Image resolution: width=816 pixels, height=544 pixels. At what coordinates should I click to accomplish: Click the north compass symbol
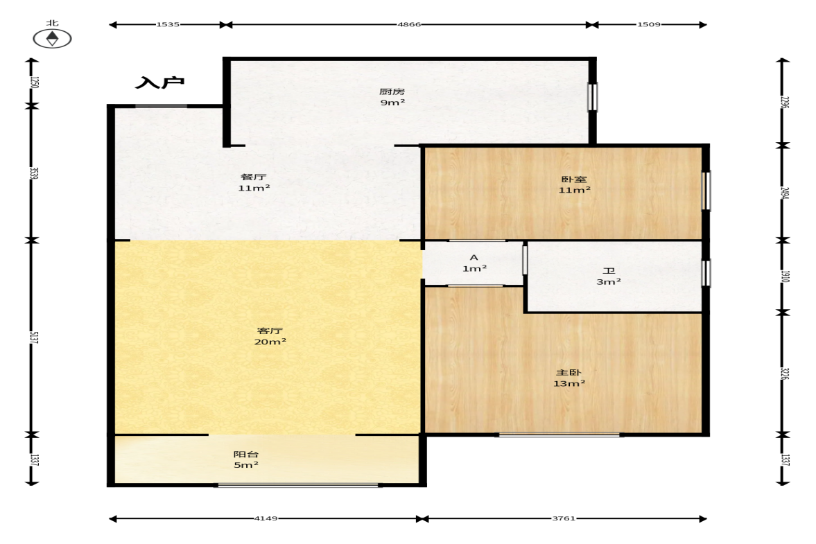pyautogui.click(x=52, y=39)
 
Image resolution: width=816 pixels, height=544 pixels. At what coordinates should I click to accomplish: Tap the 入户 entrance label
pyautogui.click(x=159, y=82)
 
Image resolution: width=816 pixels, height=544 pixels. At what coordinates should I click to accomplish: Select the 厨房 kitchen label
pyautogui.click(x=392, y=91)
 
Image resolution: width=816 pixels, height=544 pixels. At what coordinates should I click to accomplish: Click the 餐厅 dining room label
pyautogui.click(x=254, y=177)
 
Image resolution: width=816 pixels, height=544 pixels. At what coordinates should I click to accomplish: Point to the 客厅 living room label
pyautogui.click(x=270, y=331)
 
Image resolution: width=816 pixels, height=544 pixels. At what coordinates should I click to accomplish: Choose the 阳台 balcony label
pyautogui.click(x=246, y=454)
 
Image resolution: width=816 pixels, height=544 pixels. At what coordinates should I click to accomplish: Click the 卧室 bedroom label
pyautogui.click(x=574, y=179)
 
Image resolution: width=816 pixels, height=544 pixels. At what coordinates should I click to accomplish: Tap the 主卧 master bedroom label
pyautogui.click(x=568, y=372)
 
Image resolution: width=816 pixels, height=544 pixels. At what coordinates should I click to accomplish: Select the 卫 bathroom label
pyautogui.click(x=608, y=271)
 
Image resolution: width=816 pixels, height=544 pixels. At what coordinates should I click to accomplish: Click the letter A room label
pyautogui.click(x=474, y=257)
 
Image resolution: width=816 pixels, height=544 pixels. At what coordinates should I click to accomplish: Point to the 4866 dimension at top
pyautogui.click(x=409, y=24)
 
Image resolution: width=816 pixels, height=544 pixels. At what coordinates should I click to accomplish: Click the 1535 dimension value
pyautogui.click(x=168, y=24)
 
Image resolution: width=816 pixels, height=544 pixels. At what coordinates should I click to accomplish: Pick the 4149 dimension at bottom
pyautogui.click(x=266, y=518)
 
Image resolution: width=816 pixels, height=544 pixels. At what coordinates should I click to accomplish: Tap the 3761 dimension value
pyautogui.click(x=564, y=518)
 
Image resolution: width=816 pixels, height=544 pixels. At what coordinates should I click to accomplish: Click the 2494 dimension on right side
pyautogui.click(x=785, y=193)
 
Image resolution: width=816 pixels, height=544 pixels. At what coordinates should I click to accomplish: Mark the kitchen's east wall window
pyautogui.click(x=592, y=97)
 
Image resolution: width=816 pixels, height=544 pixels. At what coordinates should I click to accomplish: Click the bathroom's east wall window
pyautogui.click(x=706, y=273)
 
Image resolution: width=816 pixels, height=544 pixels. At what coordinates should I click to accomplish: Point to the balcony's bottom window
pyautogui.click(x=298, y=485)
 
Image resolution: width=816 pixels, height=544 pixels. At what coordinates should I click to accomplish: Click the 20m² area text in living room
pyautogui.click(x=270, y=342)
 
